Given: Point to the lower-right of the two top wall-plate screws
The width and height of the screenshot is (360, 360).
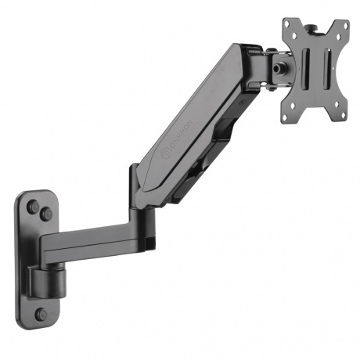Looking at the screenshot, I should (x=48, y=214).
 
